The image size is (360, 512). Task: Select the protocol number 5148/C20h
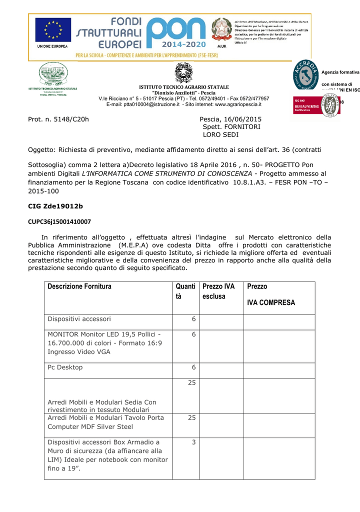point(71,119)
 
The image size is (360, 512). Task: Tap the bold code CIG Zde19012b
point(55,206)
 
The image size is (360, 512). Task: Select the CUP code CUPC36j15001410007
point(59,221)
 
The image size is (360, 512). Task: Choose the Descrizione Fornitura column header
point(79,286)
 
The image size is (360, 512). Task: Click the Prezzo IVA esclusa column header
point(218,291)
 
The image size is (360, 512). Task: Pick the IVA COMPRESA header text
point(271,302)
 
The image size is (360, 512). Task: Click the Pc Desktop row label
point(65,367)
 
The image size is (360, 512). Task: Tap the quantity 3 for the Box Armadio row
point(193,442)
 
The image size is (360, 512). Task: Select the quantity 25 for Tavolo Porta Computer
point(191,417)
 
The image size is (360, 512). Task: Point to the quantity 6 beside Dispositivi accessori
point(193,319)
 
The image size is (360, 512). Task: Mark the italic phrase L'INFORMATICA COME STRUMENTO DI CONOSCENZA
point(167,173)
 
